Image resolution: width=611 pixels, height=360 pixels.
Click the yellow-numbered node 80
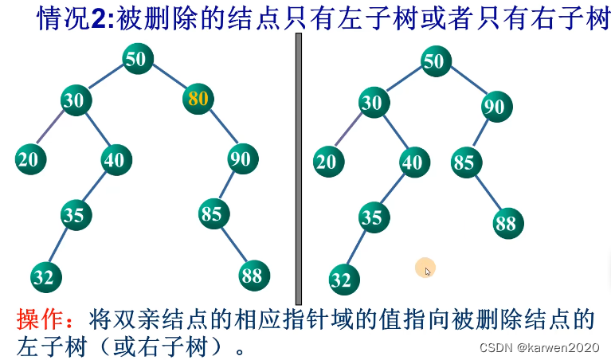point(199,99)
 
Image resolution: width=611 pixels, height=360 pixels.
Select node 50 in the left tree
point(139,59)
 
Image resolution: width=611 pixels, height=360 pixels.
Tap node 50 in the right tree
point(434,61)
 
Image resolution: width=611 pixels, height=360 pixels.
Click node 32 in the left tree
point(46,277)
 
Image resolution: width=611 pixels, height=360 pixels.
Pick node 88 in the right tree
point(506,223)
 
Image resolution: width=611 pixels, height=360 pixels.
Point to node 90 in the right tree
point(495,107)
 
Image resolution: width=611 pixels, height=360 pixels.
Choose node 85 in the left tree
point(212,213)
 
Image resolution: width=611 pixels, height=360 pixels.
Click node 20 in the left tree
point(29,159)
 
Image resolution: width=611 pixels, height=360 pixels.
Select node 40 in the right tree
point(413,163)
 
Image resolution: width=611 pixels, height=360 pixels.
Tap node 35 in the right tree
point(372,217)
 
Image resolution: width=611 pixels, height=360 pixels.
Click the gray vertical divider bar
point(299,167)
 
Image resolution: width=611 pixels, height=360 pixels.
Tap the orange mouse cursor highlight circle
point(425,268)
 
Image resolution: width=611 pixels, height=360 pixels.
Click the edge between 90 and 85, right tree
point(480,133)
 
